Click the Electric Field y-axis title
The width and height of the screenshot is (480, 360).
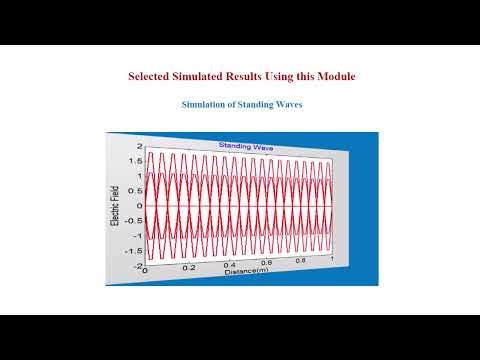[117, 207]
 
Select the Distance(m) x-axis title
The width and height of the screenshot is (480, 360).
[245, 270]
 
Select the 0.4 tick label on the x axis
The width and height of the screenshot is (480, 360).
[230, 266]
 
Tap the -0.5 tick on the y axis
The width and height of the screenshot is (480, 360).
[133, 221]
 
